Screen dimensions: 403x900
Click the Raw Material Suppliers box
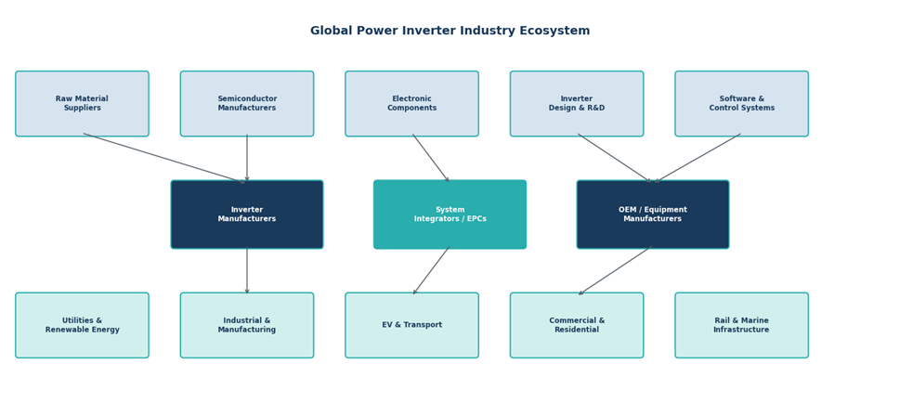(x=82, y=104)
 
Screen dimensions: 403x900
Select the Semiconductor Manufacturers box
(x=247, y=104)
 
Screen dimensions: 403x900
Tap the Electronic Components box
(x=411, y=104)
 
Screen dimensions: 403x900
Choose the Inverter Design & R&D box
(x=577, y=104)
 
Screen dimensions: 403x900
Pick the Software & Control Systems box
(x=741, y=104)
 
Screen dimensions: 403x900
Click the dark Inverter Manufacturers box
(x=247, y=214)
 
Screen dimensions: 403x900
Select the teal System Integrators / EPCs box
(x=450, y=214)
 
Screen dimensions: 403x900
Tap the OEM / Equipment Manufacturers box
(x=653, y=214)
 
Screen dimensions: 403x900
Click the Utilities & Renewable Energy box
(x=82, y=325)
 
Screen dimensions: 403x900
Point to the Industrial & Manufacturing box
(x=247, y=325)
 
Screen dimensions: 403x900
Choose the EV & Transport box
(x=411, y=325)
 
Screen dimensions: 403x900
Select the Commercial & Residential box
(x=577, y=325)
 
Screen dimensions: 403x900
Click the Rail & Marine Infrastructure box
(x=741, y=325)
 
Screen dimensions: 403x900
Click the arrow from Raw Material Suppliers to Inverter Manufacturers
(x=164, y=158)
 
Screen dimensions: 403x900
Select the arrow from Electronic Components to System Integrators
(x=431, y=158)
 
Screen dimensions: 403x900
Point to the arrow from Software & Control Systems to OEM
(x=698, y=158)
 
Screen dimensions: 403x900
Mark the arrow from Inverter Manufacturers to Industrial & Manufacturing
(x=247, y=270)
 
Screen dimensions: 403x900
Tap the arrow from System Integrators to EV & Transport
(x=431, y=270)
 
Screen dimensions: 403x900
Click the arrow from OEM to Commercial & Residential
(x=615, y=270)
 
